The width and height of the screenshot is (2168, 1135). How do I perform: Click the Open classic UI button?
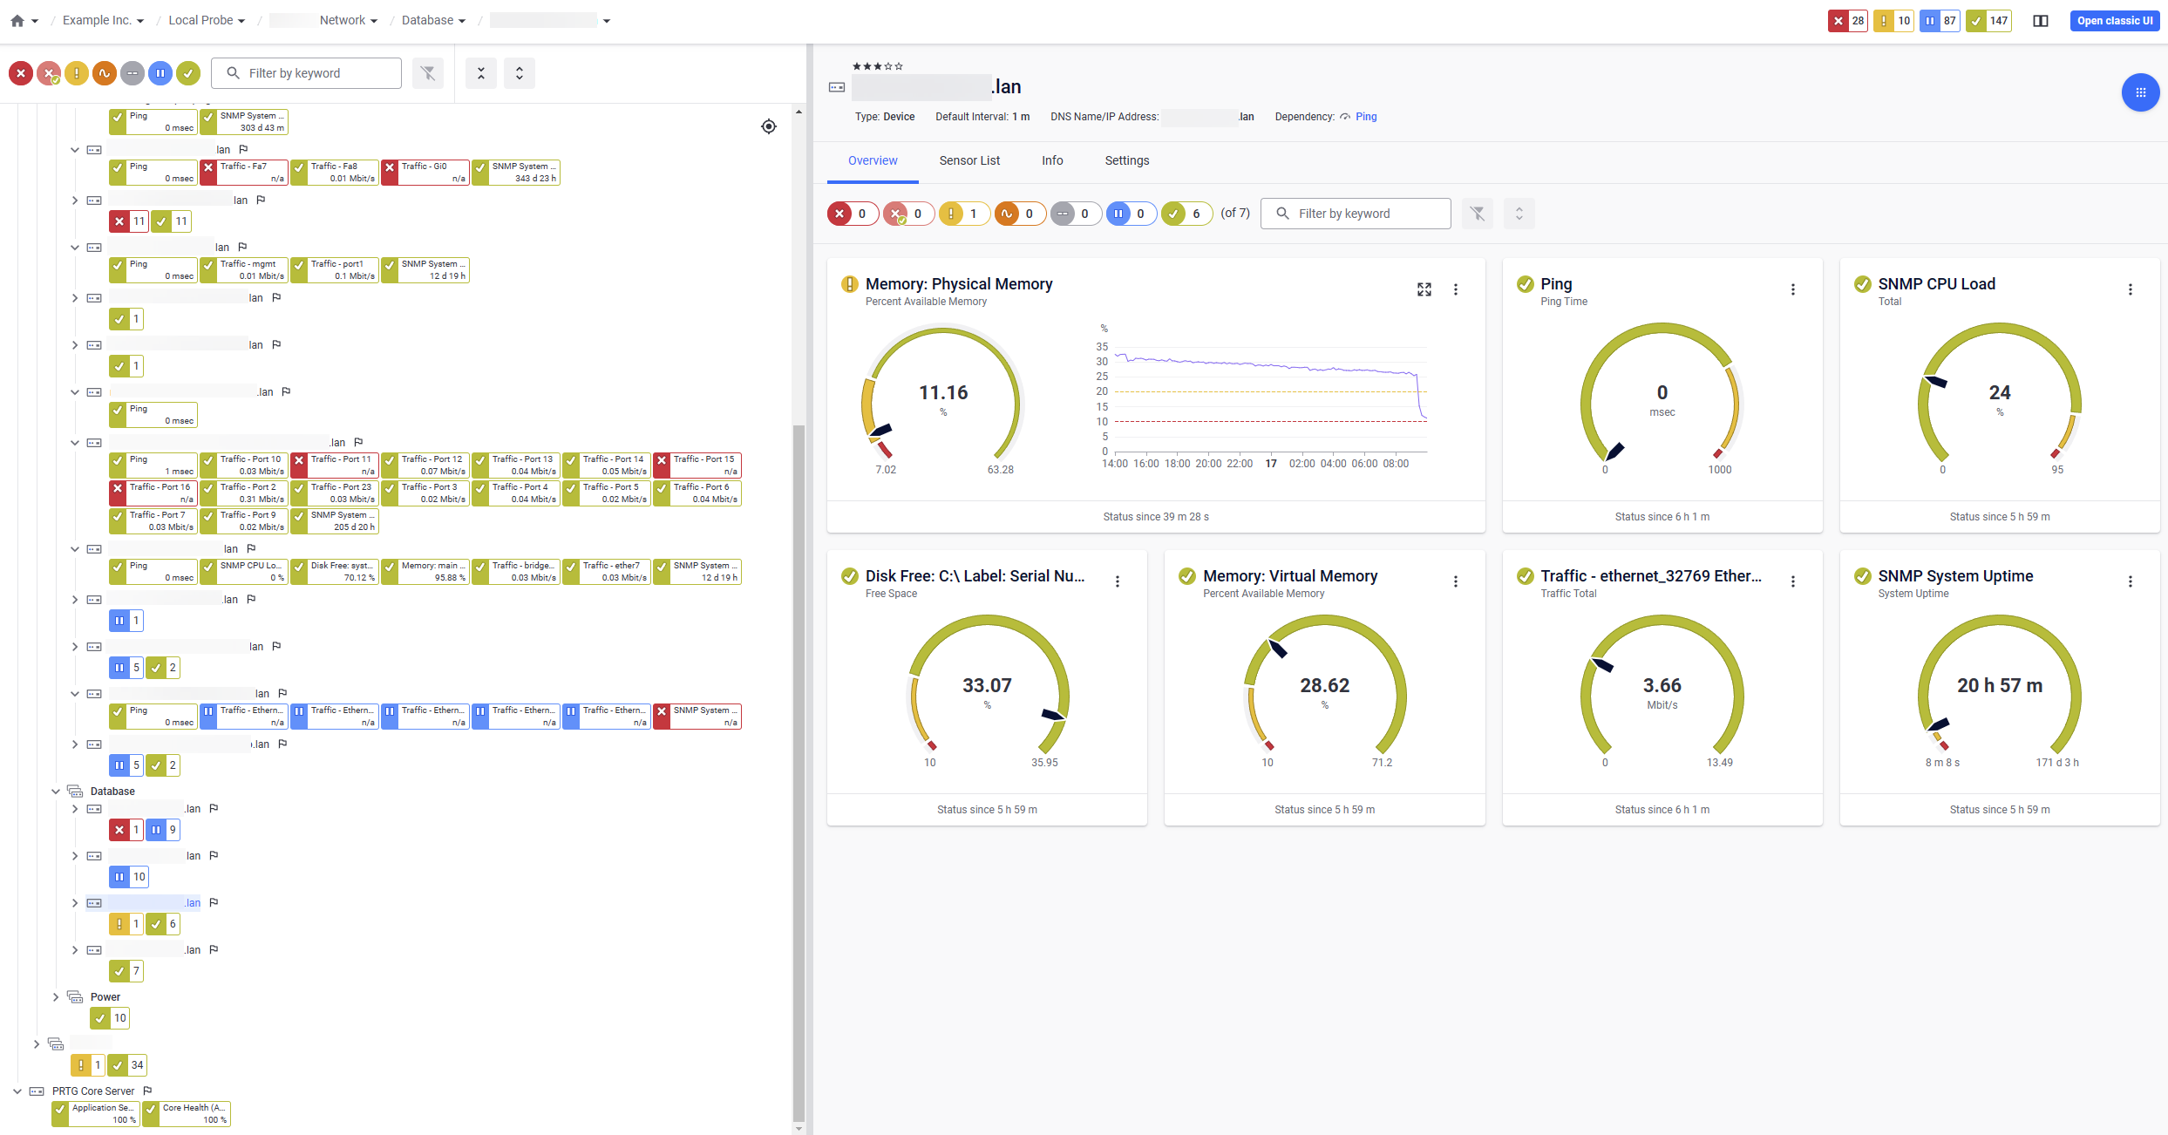(2114, 21)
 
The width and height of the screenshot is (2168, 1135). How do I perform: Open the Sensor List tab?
(969, 160)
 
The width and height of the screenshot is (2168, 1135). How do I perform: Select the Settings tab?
(1126, 160)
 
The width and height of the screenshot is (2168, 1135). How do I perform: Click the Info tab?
(1052, 160)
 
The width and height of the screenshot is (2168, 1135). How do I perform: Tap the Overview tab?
(873, 160)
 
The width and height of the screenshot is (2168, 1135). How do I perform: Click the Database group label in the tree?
(112, 792)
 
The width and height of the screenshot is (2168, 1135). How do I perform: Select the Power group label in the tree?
(105, 997)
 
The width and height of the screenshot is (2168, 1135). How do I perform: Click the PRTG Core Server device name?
(93, 1091)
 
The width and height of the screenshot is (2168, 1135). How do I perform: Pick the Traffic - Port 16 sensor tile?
(153, 493)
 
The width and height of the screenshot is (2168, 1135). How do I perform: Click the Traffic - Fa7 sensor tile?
(244, 173)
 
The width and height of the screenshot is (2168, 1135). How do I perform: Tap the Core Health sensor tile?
(187, 1114)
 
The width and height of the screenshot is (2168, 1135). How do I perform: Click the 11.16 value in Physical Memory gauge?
(943, 393)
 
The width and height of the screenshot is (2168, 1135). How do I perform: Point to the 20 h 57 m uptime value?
(2000, 686)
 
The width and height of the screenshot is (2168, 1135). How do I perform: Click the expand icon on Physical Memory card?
(1424, 289)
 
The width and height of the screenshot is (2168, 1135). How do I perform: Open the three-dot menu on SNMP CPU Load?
(2131, 289)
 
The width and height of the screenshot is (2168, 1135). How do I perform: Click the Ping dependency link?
(1366, 117)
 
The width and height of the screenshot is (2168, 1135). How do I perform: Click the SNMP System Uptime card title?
(1955, 576)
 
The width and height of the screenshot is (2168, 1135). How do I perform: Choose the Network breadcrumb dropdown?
(348, 21)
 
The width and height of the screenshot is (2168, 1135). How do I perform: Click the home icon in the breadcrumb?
(17, 21)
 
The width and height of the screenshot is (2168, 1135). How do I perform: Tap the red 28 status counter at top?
(1847, 21)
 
